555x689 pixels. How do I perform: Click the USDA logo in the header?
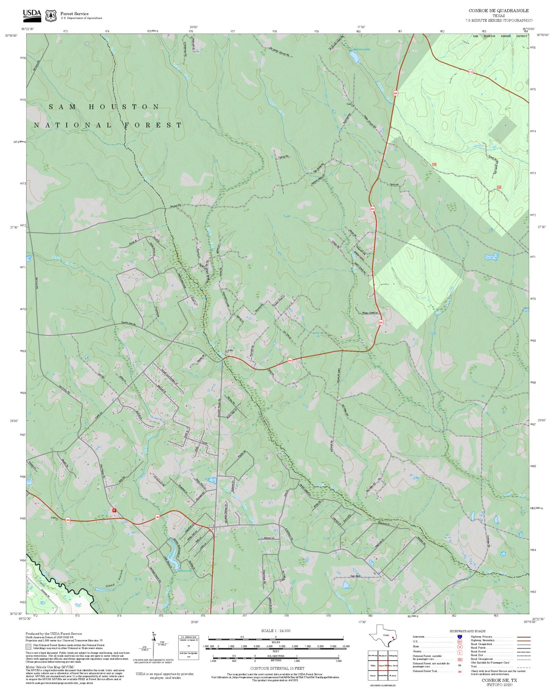[32, 15]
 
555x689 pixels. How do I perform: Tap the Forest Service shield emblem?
[51, 16]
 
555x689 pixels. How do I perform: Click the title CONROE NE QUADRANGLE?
[498, 11]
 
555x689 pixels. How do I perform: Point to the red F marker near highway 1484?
[114, 510]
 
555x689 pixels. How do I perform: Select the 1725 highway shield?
[471, 72]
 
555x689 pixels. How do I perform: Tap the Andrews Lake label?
[361, 49]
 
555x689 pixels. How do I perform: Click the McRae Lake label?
[184, 571]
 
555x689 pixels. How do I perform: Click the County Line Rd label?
[128, 324]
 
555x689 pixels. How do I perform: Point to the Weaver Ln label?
[269, 538]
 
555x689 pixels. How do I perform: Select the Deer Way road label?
[355, 576]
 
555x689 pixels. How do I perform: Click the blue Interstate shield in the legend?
[460, 637]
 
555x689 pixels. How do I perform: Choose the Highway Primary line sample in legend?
[524, 637]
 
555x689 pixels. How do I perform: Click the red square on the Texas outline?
[393, 637]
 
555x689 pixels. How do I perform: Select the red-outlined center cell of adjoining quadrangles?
[383, 666]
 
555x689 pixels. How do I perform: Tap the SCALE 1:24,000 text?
[276, 631]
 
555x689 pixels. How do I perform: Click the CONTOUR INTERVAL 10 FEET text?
[277, 668]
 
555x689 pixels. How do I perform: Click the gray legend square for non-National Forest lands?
[28, 647]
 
